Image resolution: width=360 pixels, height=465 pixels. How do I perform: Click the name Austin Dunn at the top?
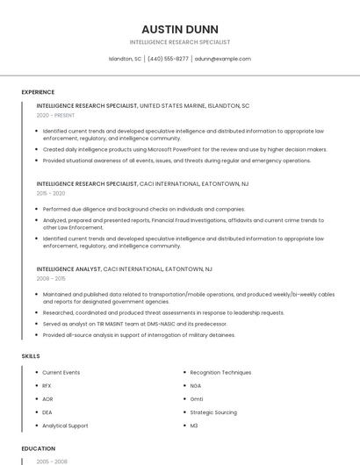(180, 29)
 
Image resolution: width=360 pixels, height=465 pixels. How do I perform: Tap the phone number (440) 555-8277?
(168, 59)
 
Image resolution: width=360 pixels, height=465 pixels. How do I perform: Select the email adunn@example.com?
(223, 59)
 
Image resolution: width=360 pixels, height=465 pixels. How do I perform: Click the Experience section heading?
(38, 91)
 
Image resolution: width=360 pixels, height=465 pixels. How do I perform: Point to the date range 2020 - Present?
(55, 116)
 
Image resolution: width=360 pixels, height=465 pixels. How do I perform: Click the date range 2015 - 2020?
(51, 193)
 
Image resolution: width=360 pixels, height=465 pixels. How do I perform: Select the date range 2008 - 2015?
(51, 278)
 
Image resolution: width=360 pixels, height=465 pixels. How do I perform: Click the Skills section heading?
(30, 356)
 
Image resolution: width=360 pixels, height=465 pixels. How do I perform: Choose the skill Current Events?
(61, 373)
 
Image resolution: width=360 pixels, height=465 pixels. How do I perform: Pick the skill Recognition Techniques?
(220, 373)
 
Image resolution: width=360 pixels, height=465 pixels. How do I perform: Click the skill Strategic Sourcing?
(213, 412)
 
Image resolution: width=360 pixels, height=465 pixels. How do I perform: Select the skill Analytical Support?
(65, 426)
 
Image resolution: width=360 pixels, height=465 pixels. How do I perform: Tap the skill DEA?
(47, 412)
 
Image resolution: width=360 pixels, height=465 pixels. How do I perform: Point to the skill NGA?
(196, 386)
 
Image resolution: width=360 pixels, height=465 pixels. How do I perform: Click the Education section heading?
(38, 448)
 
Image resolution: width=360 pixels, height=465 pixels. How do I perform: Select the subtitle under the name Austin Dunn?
(180, 42)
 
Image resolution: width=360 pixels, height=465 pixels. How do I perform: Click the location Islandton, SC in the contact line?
(125, 59)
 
